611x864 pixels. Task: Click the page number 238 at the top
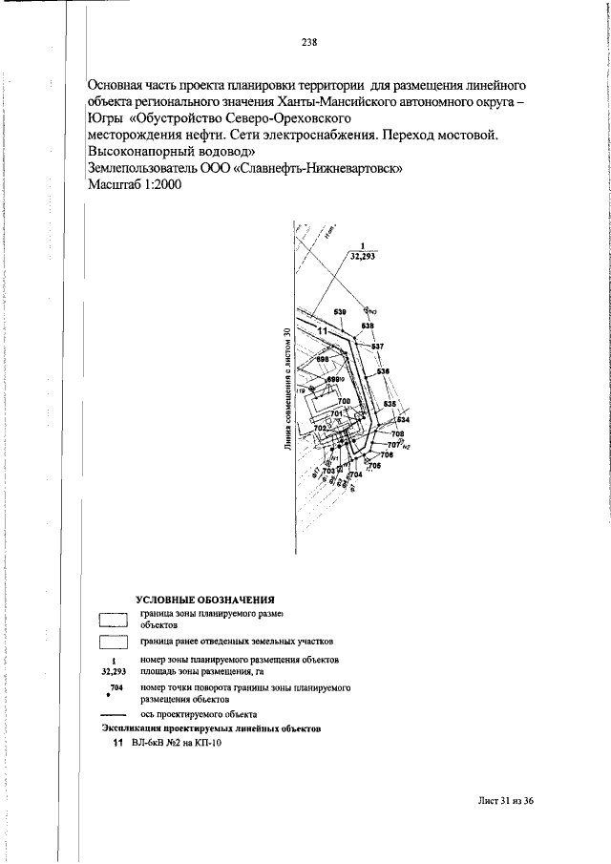click(x=308, y=42)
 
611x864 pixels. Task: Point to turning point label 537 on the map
click(x=377, y=346)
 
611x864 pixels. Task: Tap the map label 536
click(x=383, y=371)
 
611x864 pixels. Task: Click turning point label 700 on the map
click(x=344, y=401)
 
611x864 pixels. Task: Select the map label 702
click(x=321, y=428)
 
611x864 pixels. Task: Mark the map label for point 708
click(x=398, y=434)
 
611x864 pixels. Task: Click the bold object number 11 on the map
click(x=323, y=330)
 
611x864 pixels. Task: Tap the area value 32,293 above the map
click(x=363, y=257)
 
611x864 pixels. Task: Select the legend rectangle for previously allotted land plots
click(x=114, y=642)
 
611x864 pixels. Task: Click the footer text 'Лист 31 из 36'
click(x=506, y=800)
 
